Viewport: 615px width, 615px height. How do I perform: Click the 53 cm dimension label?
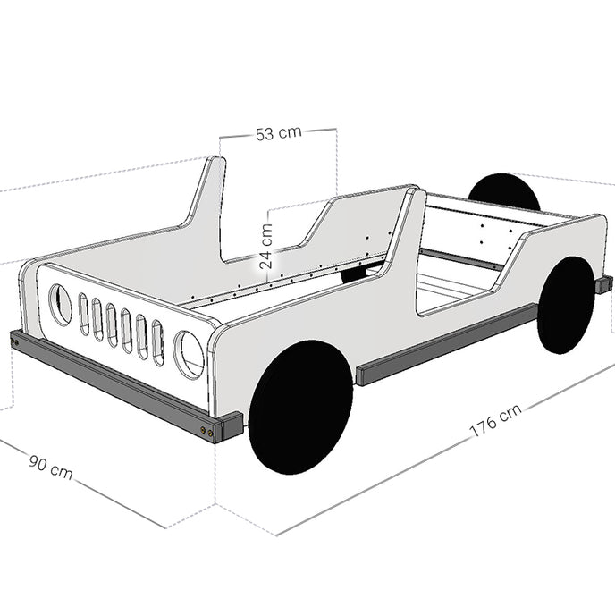click(x=279, y=133)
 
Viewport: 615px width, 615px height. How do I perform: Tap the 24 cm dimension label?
click(x=266, y=247)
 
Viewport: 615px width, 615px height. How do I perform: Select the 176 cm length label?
click(x=495, y=420)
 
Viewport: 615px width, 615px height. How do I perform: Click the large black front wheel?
click(x=301, y=407)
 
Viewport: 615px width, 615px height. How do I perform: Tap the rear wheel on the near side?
click(x=566, y=305)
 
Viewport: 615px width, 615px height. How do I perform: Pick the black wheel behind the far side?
click(x=504, y=192)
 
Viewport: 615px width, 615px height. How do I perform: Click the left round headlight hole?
click(x=60, y=305)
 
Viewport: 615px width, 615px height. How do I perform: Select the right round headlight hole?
click(x=189, y=355)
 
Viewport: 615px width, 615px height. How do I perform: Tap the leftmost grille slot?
click(x=83, y=314)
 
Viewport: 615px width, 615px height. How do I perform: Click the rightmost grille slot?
click(x=157, y=343)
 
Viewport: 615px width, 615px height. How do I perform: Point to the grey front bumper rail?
click(x=114, y=385)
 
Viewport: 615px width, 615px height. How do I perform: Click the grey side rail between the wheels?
click(x=446, y=345)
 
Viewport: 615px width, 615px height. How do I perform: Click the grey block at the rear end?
click(x=604, y=284)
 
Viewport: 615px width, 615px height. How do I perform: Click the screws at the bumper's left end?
click(x=14, y=342)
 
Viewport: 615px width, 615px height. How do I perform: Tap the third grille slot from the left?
click(x=112, y=325)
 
